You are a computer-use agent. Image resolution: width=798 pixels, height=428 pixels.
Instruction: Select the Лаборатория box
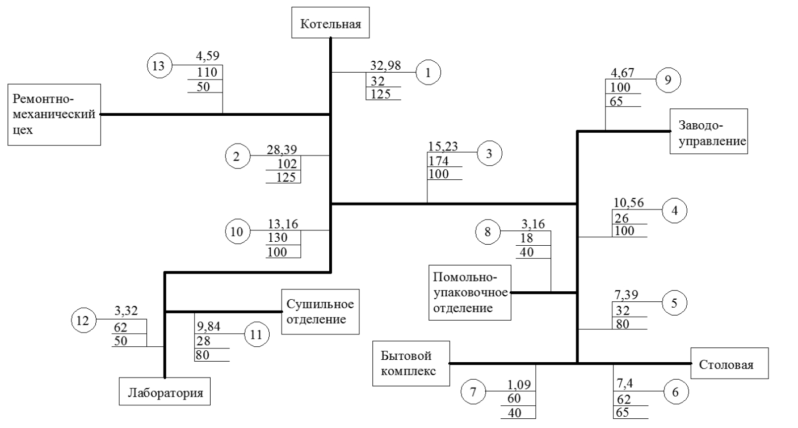(x=165, y=392)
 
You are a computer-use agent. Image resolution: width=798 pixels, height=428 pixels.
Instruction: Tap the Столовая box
(x=730, y=363)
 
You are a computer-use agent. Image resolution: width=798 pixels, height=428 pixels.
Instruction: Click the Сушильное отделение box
(x=320, y=311)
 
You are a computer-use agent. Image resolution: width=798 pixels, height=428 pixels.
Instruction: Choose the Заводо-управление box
(x=708, y=131)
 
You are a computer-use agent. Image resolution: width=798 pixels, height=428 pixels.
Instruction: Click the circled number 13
(x=158, y=66)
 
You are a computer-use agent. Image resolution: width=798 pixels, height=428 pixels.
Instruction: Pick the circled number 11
(x=256, y=334)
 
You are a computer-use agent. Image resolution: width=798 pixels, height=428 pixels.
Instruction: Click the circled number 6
(x=674, y=392)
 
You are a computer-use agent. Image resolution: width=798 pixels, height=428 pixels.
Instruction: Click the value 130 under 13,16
(x=279, y=237)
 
